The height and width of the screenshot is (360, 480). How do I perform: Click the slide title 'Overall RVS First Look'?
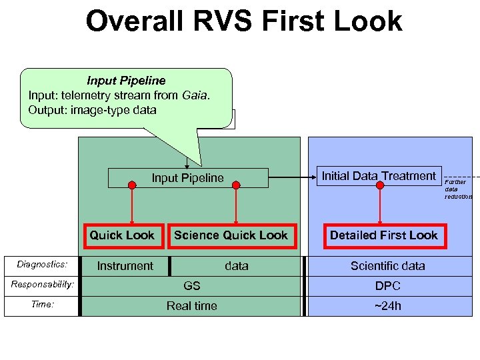(x=243, y=21)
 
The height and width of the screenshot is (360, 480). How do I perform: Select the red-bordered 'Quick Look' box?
(x=122, y=235)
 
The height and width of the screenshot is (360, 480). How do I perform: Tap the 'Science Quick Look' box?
(x=231, y=235)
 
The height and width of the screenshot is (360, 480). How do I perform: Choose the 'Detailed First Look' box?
(x=383, y=235)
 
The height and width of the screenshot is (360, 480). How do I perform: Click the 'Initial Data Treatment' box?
(x=379, y=176)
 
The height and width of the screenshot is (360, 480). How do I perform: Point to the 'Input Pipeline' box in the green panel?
(x=187, y=178)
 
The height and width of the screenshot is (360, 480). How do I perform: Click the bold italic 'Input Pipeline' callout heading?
(x=126, y=81)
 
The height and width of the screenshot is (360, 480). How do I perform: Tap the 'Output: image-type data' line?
(x=92, y=110)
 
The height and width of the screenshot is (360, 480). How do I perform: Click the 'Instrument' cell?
(x=125, y=266)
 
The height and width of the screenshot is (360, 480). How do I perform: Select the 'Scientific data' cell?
(x=387, y=266)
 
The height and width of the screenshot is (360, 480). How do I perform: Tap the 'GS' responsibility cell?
(x=191, y=286)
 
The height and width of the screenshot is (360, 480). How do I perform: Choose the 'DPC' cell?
(x=387, y=286)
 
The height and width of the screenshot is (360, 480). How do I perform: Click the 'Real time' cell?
(x=191, y=306)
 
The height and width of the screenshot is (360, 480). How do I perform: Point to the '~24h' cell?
(x=387, y=306)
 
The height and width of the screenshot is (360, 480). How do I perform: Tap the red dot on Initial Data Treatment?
(x=380, y=185)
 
